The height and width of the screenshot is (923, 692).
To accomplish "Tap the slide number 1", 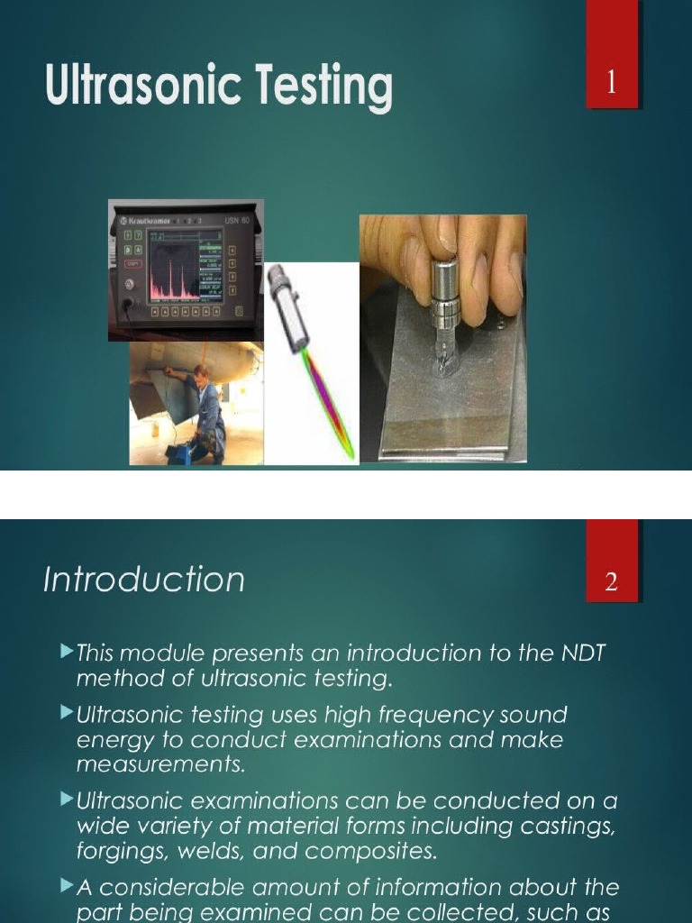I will tap(612, 84).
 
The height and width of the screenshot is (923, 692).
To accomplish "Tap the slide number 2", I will tap(612, 582).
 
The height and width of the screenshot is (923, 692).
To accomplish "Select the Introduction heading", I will tap(144, 579).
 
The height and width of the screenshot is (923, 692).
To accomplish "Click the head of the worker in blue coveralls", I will tap(201, 373).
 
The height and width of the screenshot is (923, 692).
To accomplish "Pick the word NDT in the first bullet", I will tap(584, 653).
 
